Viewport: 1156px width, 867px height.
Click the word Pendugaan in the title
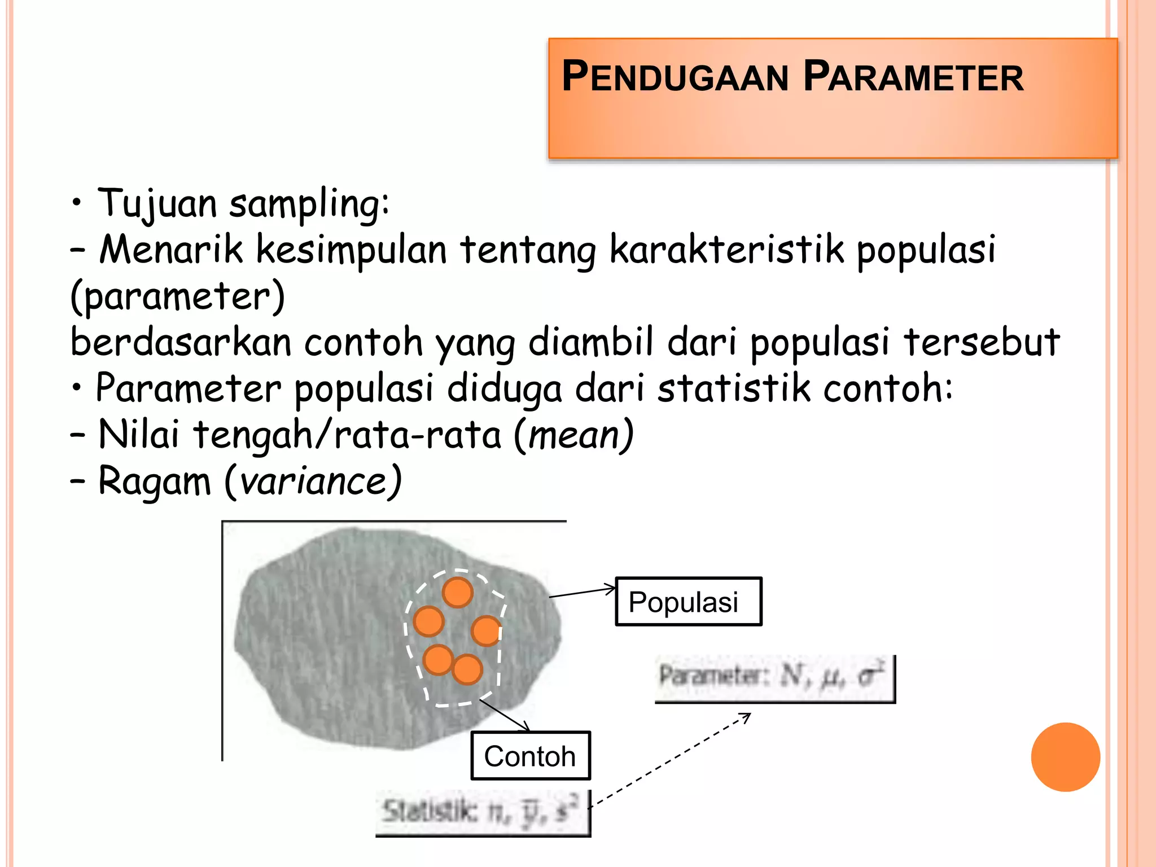[675, 77]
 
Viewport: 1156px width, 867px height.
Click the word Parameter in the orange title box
[913, 77]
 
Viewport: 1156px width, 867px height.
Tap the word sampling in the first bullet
[308, 204]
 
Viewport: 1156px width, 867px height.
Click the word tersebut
[982, 343]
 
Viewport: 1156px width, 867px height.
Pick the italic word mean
[575, 435]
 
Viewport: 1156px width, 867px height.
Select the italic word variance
[314, 481]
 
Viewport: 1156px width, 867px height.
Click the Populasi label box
[688, 601]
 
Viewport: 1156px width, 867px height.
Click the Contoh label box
[530, 756]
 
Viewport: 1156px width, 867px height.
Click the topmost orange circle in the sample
[457, 592]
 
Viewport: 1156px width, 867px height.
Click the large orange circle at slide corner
[1065, 757]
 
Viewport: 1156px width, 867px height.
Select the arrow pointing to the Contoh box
[505, 715]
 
